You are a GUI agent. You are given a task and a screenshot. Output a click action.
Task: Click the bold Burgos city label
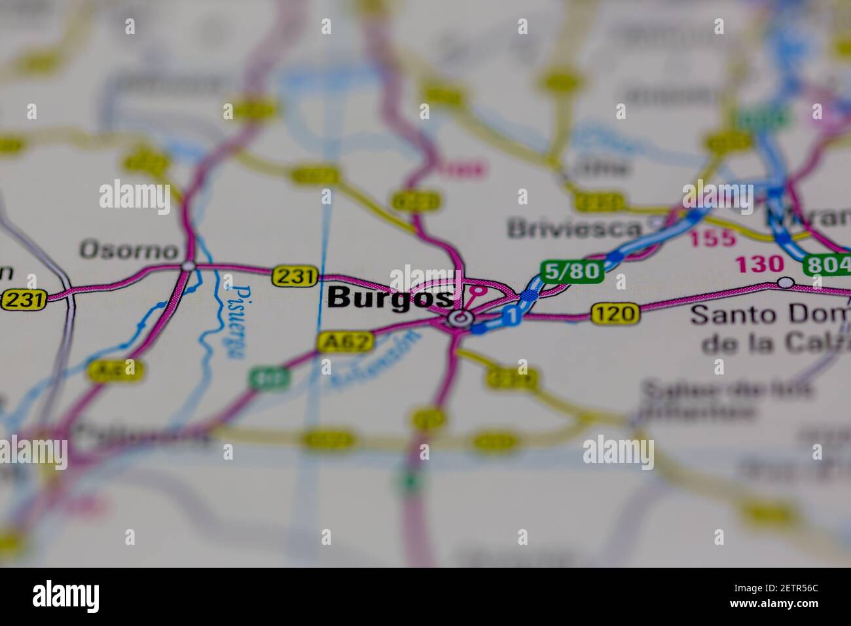pyautogui.click(x=390, y=298)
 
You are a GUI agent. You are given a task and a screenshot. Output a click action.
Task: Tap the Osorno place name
pyautogui.click(x=129, y=250)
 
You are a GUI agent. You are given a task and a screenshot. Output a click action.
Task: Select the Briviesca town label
pyautogui.click(x=574, y=228)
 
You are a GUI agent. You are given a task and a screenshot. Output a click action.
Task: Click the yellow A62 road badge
pyautogui.click(x=346, y=341)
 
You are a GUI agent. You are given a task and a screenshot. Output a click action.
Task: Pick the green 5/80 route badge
pyautogui.click(x=571, y=271)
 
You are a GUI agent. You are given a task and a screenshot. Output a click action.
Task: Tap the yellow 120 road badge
pyautogui.click(x=615, y=314)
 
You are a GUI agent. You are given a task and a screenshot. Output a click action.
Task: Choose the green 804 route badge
pyautogui.click(x=827, y=264)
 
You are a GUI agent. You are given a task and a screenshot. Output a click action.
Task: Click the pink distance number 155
pyautogui.click(x=712, y=238)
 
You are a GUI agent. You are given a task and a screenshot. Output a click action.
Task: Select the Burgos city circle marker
pyautogui.click(x=461, y=319)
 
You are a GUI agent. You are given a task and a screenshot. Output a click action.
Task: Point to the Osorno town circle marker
pyautogui.click(x=188, y=266)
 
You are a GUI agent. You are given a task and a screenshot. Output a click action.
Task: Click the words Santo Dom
pyautogui.click(x=770, y=315)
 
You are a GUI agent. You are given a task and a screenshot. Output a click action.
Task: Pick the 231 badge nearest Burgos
pyautogui.click(x=295, y=276)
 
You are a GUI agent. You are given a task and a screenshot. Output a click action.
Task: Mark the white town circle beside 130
pyautogui.click(x=786, y=282)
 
